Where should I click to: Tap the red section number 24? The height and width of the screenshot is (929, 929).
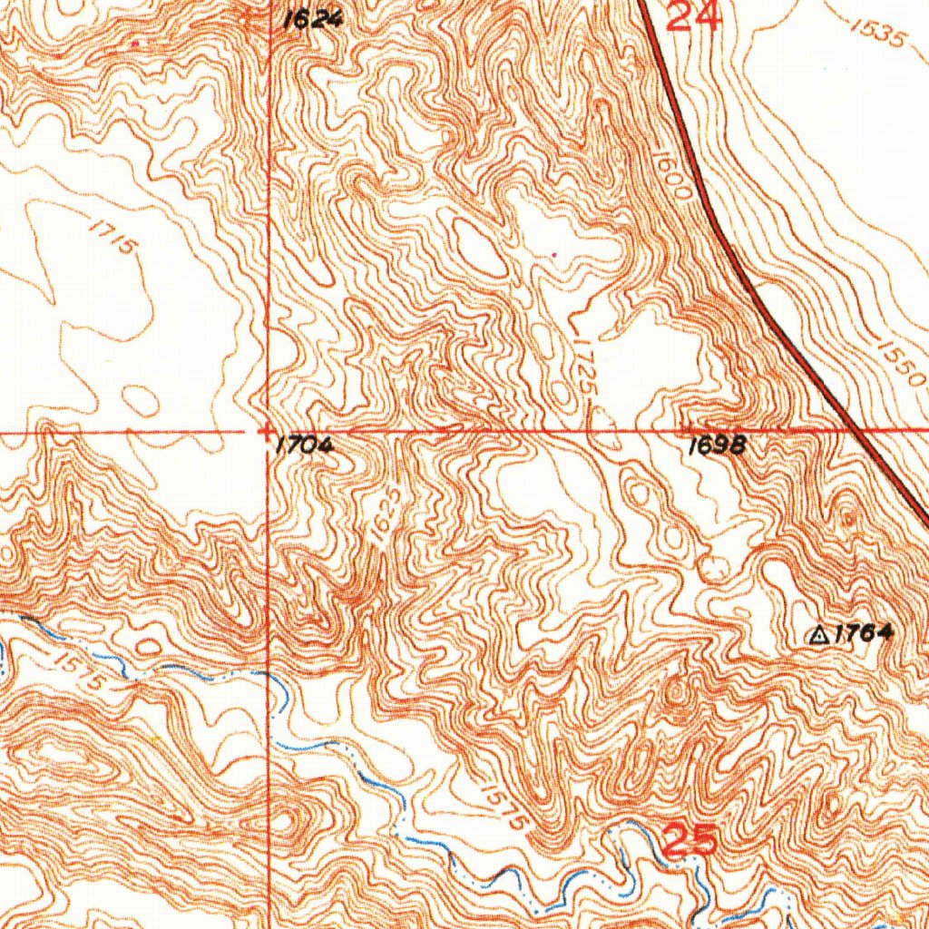point(694,15)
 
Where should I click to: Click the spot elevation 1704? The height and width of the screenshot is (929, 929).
point(305,445)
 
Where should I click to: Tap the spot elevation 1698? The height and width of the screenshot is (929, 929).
point(717,445)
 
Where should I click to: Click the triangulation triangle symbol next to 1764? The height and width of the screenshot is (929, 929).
point(818,636)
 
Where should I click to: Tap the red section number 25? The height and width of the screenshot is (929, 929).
point(691,841)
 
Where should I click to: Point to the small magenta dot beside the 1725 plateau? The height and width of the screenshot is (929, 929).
point(555,254)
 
